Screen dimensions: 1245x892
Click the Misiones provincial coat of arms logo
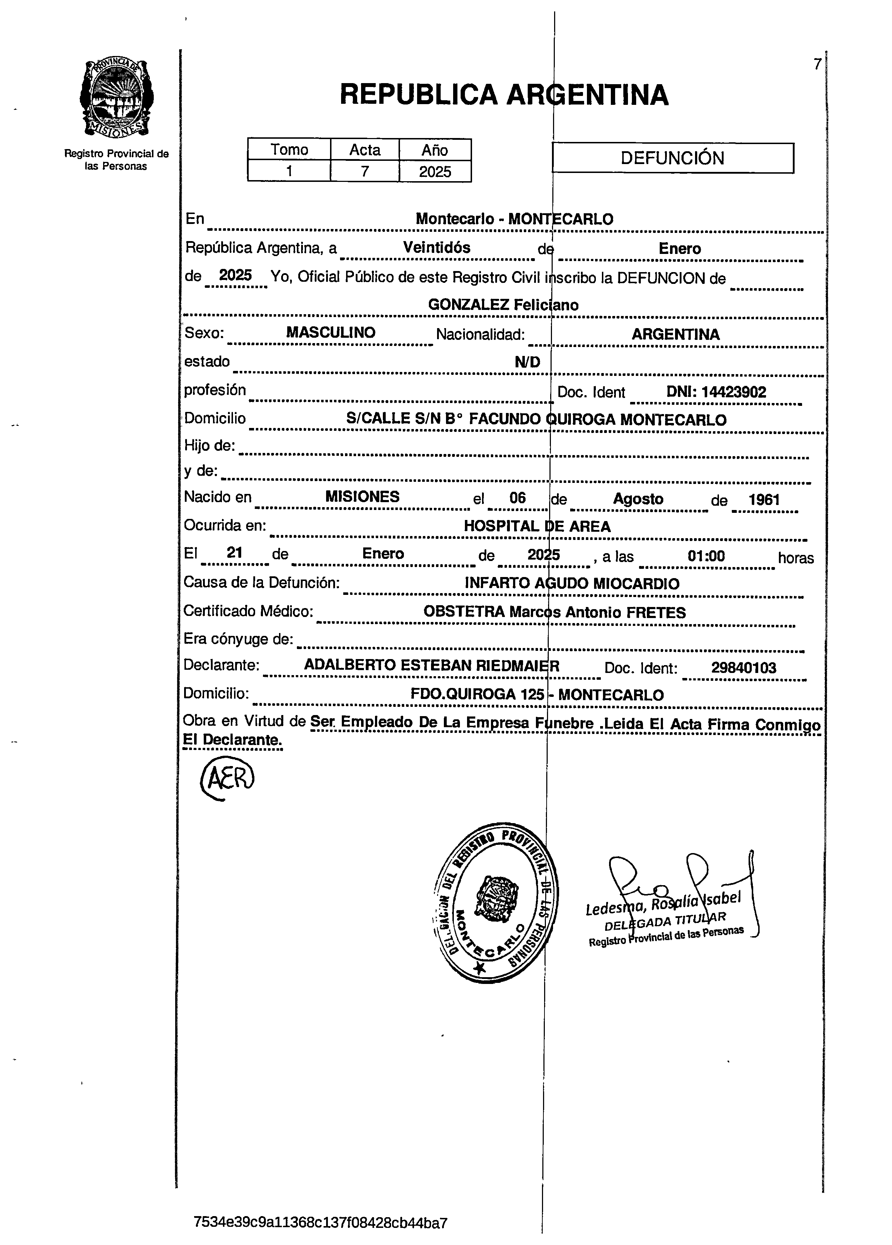coord(116,98)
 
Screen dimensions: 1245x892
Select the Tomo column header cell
coord(289,149)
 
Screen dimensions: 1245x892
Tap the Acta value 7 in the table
coord(365,171)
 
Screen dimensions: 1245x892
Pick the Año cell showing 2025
coord(435,171)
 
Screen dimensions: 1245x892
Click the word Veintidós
coord(437,248)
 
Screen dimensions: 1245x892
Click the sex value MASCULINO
coord(331,333)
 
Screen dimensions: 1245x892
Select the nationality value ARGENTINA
coord(675,334)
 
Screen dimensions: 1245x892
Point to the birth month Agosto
coord(638,499)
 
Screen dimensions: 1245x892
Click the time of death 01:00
coord(706,556)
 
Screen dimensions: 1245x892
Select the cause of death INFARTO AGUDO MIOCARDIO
coord(572,583)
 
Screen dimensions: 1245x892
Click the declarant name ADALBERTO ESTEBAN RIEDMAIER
coord(432,665)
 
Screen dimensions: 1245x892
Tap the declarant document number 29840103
coord(744,668)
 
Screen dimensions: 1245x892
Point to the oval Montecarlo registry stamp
coord(493,903)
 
